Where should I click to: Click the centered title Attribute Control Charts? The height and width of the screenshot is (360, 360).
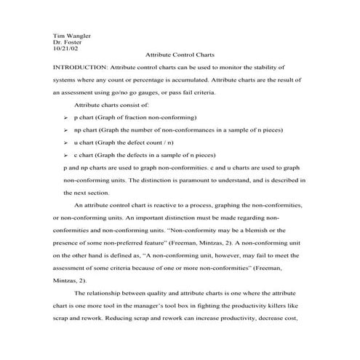click(180, 55)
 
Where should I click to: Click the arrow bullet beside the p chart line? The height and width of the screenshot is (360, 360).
click(67, 116)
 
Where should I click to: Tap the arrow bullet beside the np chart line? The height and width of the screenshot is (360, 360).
click(67, 129)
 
